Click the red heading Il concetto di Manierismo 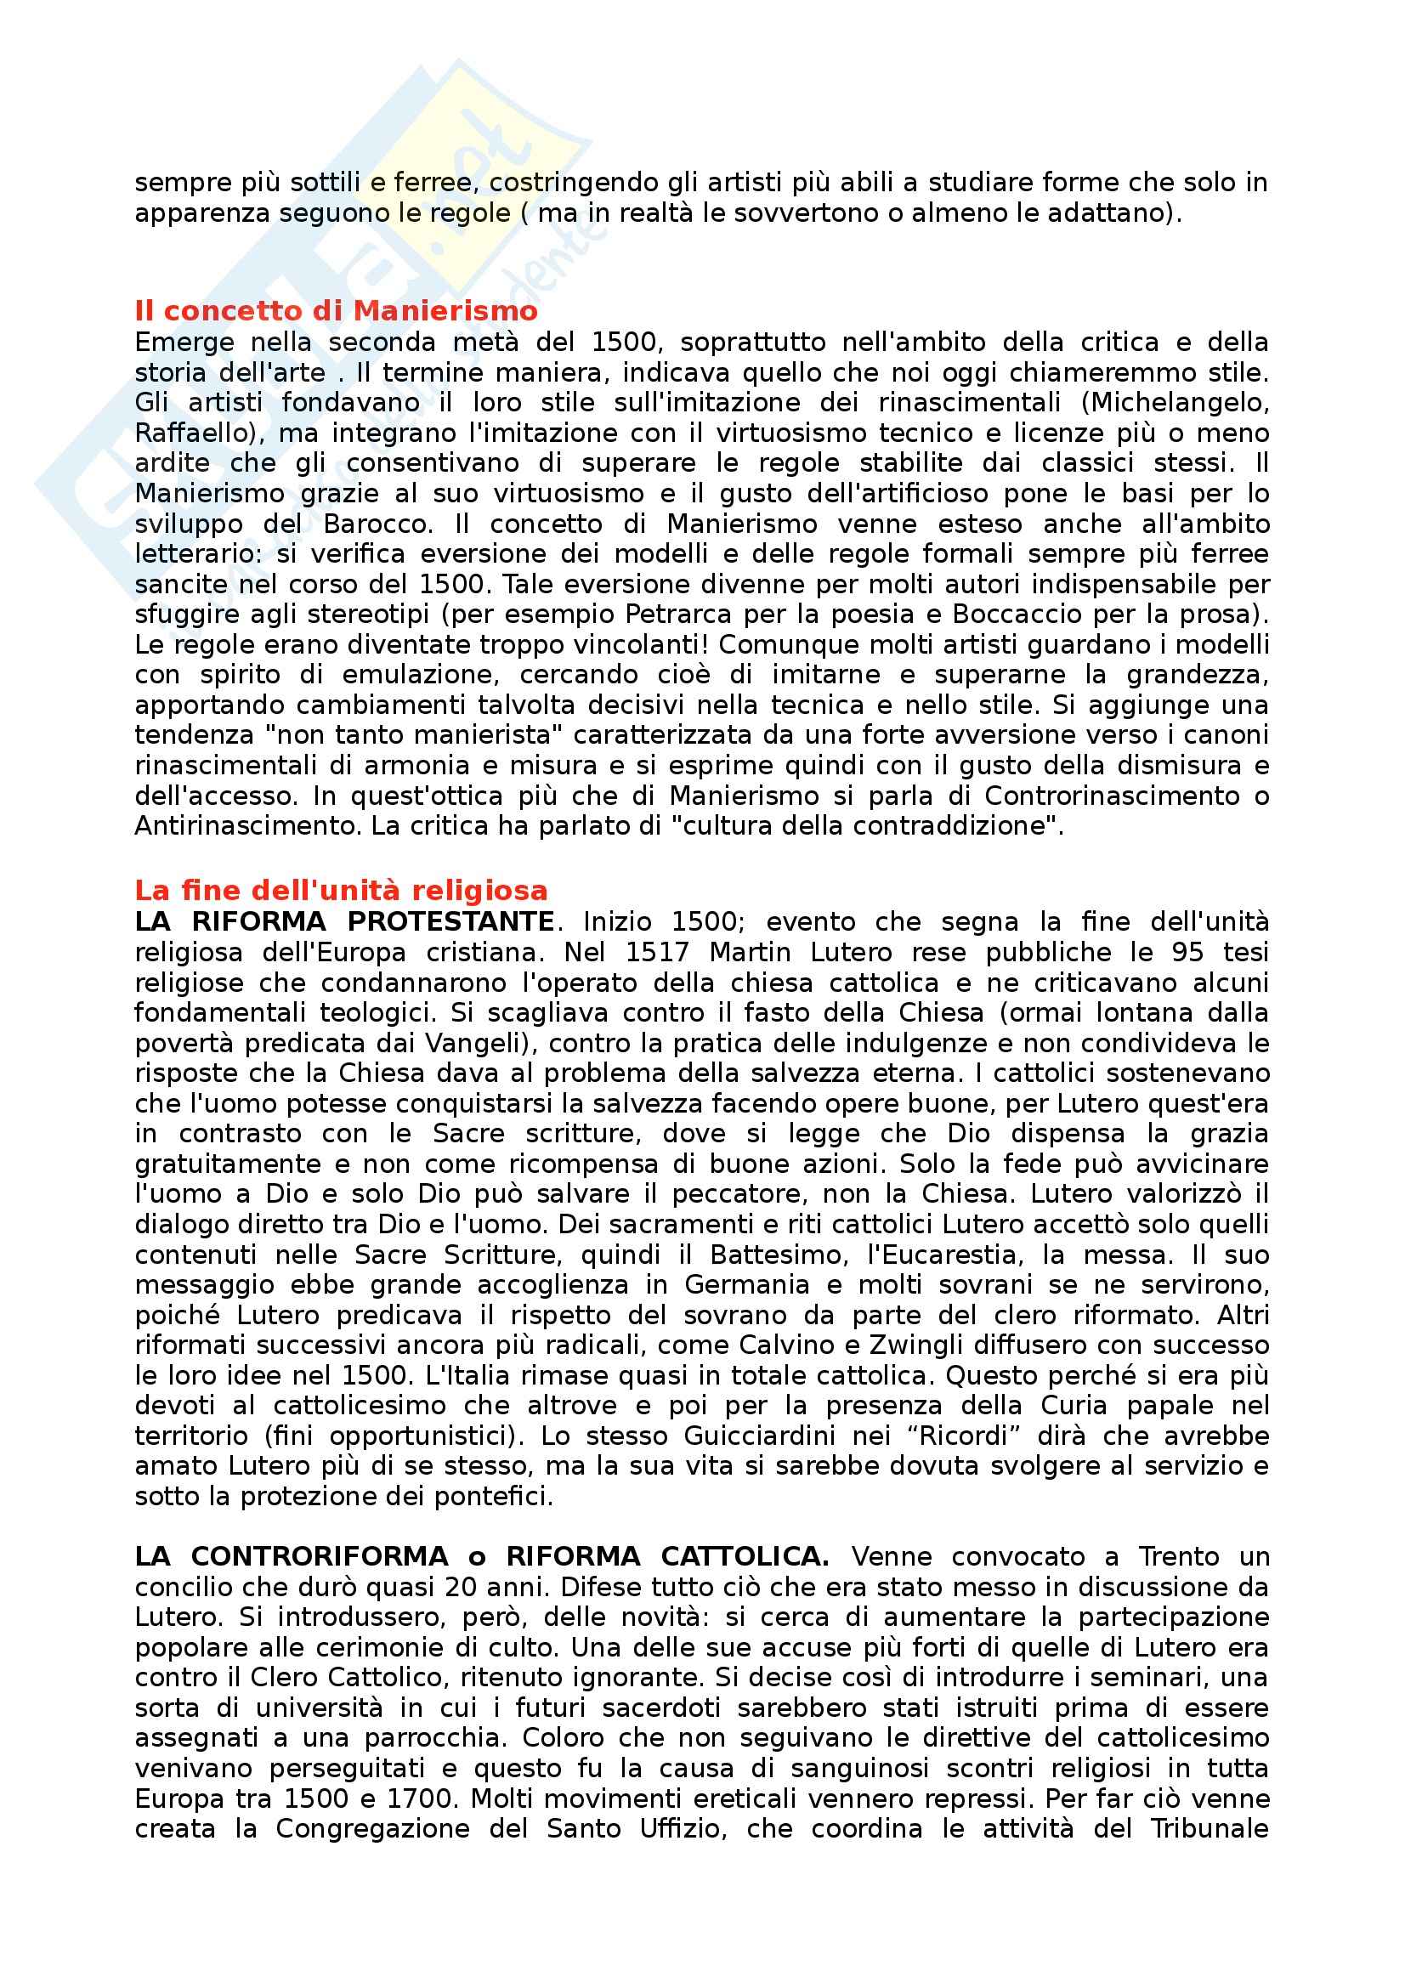[x=336, y=311]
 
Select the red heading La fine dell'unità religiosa [x=341, y=890]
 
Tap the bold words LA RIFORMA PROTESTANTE [x=344, y=921]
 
